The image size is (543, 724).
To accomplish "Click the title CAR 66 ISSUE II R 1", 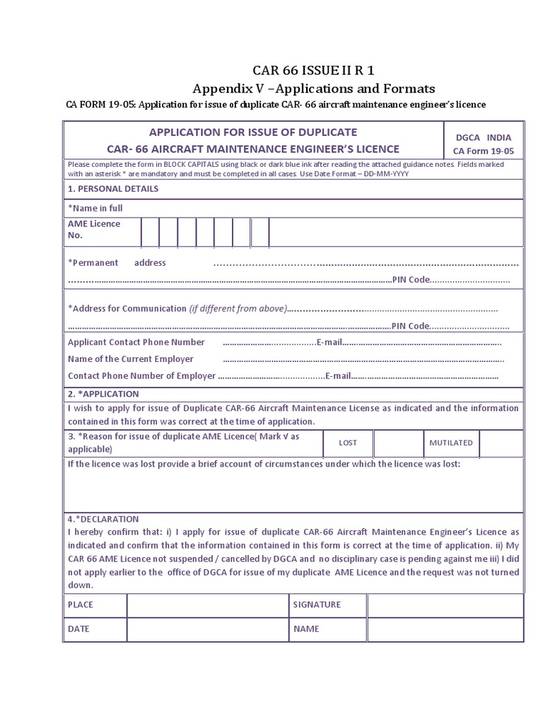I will click(x=314, y=70).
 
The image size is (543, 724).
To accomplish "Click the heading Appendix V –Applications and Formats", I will click(x=314, y=88).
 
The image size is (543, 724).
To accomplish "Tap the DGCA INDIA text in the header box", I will click(x=484, y=138).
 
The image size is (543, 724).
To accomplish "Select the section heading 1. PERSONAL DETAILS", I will click(x=113, y=189).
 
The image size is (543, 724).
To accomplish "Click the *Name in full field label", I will click(x=95, y=208).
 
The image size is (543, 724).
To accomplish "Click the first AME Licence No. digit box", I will click(x=150, y=232).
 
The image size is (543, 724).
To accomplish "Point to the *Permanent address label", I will click(x=117, y=262).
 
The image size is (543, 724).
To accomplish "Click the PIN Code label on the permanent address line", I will click(x=410, y=279).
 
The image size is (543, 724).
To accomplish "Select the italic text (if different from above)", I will click(x=238, y=308).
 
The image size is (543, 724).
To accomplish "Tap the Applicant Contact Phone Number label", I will click(x=136, y=342).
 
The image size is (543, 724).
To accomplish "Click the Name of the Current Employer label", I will click(x=130, y=359).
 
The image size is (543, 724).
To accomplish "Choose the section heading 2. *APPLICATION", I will click(x=103, y=394).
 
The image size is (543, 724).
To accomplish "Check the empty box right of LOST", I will click(x=398, y=443).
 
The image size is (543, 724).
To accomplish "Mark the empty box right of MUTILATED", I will click(x=501, y=443).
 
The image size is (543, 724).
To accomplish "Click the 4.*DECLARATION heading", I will click(x=103, y=519).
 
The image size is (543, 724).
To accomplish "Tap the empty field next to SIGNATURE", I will click(x=445, y=605).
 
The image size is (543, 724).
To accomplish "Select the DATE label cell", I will click(x=95, y=629).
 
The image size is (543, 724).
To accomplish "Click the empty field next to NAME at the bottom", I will click(x=445, y=629).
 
